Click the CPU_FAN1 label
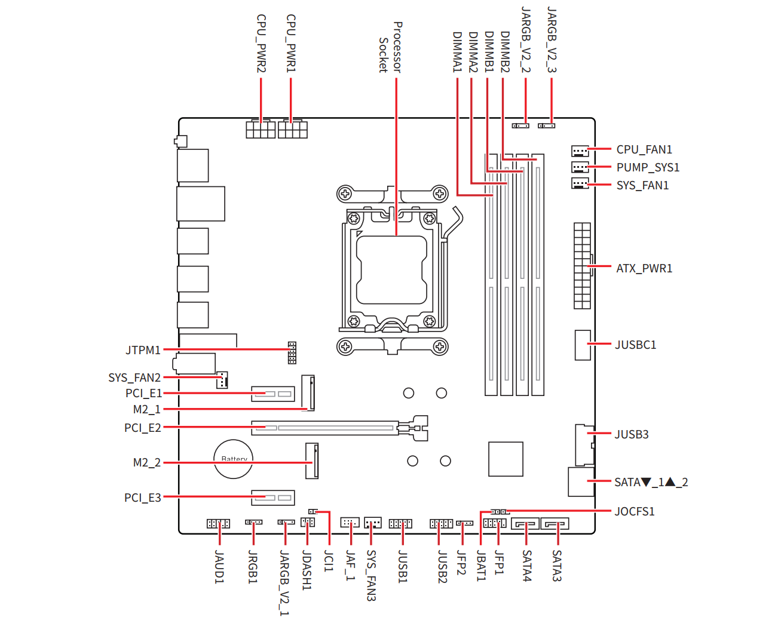[644, 149]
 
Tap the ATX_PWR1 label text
[644, 268]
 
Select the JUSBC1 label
[635, 345]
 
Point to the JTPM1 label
[143, 350]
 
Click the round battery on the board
[234, 459]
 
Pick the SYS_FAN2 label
[134, 377]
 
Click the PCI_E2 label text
[143, 428]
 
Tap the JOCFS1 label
[634, 511]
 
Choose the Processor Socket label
[391, 47]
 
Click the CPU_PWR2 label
[261, 44]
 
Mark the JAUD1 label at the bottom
[219, 567]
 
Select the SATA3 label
[556, 566]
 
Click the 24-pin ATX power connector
[582, 266]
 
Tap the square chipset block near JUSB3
[506, 459]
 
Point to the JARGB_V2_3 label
[552, 40]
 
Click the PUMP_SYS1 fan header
[580, 167]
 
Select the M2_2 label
[147, 462]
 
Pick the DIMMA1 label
[457, 52]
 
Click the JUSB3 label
[631, 434]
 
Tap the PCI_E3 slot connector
[273, 497]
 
